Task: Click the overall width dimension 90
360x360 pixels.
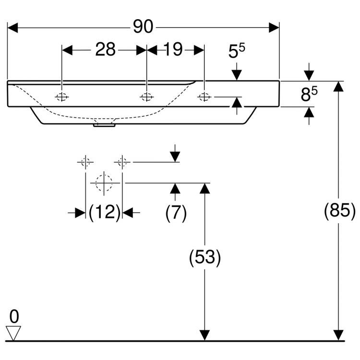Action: click(x=143, y=27)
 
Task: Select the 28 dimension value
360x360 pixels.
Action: click(x=105, y=49)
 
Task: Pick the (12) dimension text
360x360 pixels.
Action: click(x=104, y=212)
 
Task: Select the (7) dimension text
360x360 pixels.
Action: click(x=176, y=212)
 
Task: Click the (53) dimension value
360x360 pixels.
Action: click(x=205, y=258)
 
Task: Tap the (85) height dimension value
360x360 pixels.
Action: click(x=339, y=210)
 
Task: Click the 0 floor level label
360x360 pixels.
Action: click(x=14, y=316)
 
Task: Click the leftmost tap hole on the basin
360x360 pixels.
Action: click(x=62, y=97)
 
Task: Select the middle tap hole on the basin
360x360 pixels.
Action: click(x=146, y=97)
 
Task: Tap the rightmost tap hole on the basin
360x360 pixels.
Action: click(x=204, y=97)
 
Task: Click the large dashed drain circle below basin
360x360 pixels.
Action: click(x=104, y=183)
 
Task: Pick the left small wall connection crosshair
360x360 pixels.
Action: click(x=85, y=162)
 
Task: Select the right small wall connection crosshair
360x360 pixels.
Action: click(x=122, y=162)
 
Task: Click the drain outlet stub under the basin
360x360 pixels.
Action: click(x=104, y=126)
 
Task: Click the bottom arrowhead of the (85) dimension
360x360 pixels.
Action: click(x=339, y=335)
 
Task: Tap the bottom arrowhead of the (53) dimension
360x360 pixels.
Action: click(x=205, y=335)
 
